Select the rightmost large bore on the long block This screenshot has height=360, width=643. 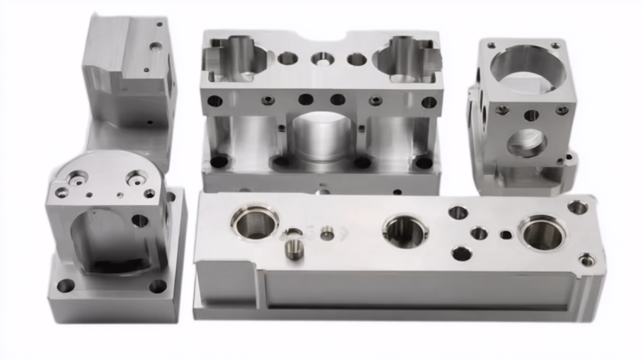[542, 233]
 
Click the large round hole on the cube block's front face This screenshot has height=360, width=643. [527, 143]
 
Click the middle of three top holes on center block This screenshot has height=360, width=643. [322, 59]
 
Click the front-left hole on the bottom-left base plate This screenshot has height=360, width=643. [66, 286]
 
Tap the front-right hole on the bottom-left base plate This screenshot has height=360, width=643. [158, 286]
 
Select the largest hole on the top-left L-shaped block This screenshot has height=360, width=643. [155, 47]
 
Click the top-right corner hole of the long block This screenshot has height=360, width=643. [577, 207]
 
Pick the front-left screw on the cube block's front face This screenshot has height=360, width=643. [502, 110]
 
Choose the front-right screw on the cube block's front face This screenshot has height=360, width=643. [562, 110]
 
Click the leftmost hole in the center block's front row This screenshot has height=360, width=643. [214, 100]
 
